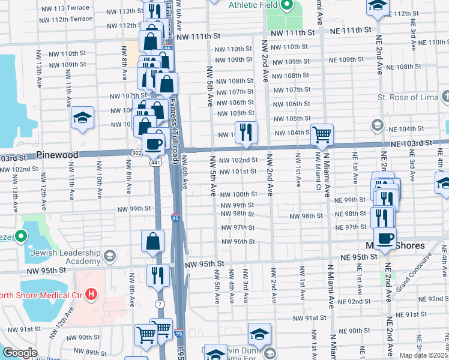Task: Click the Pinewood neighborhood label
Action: [x=57, y=155]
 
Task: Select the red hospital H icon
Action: [x=91, y=294]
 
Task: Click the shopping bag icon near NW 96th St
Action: [x=153, y=241]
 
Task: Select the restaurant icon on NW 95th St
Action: [x=158, y=275]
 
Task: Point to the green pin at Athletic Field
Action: [x=287, y=7]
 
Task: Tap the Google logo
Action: [x=20, y=353]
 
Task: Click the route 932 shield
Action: [x=137, y=153]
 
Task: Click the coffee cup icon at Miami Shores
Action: [x=384, y=238]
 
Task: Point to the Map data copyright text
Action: [x=423, y=355]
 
